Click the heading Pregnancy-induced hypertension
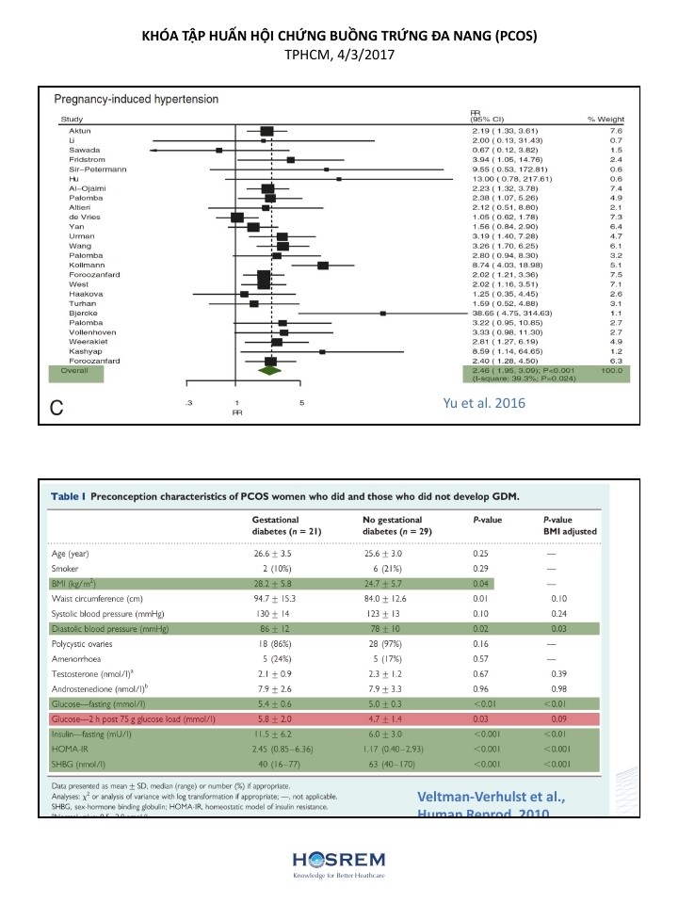click(137, 99)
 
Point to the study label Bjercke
click(83, 313)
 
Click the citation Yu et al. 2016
click(484, 403)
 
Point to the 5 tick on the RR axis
click(301, 403)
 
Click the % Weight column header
click(605, 119)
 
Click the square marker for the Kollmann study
click(323, 266)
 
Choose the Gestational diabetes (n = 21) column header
click(283, 525)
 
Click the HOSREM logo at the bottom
click(338, 863)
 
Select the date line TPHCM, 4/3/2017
click(339, 56)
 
